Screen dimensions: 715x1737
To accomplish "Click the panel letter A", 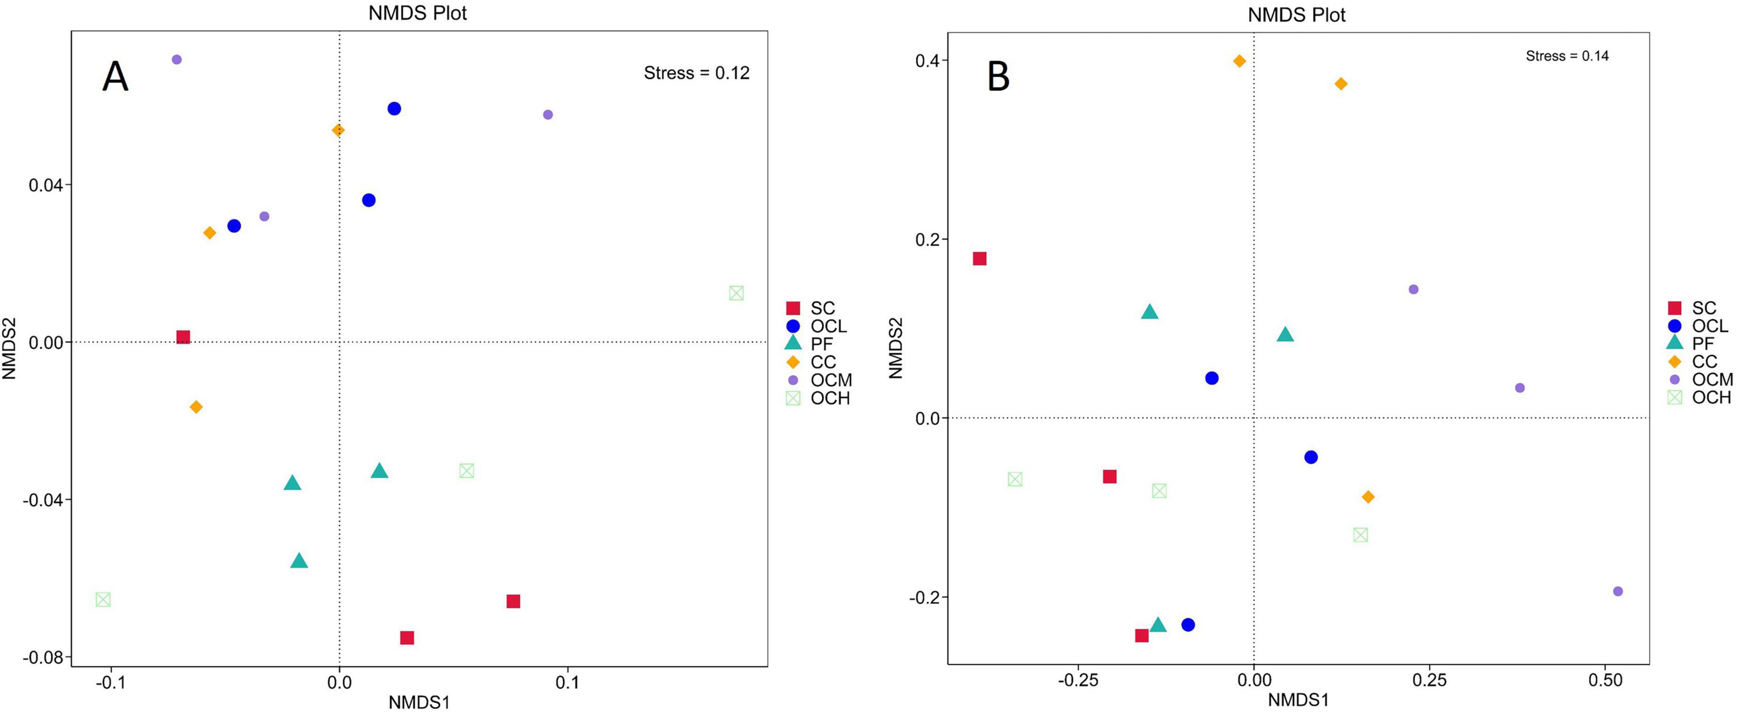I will pyautogui.click(x=115, y=77).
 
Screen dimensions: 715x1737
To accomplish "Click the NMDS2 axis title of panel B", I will pyautogui.click(x=896, y=348).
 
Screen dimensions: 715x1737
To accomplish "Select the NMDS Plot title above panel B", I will pyautogui.click(x=1296, y=15).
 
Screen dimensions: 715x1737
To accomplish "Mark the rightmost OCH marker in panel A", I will pyautogui.click(x=736, y=293).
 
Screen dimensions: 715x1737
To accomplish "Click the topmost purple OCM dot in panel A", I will pyautogui.click(x=177, y=59).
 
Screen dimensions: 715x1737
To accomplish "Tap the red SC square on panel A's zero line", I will pyautogui.click(x=183, y=337).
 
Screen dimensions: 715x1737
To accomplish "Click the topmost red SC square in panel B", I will pyautogui.click(x=980, y=258).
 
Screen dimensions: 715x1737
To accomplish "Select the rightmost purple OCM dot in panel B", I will pyautogui.click(x=1617, y=591).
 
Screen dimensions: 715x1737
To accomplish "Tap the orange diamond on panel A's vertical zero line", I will pyautogui.click(x=338, y=130).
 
